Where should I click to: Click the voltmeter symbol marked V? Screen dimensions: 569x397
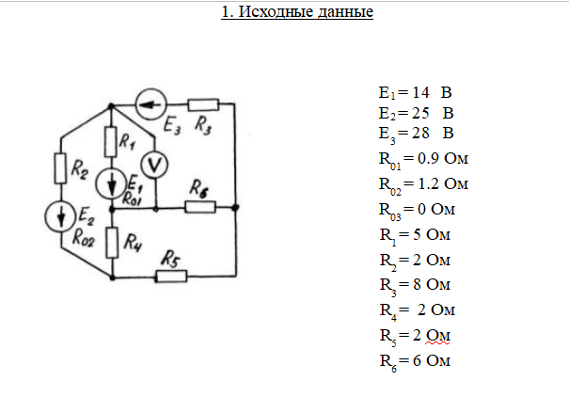[154, 165]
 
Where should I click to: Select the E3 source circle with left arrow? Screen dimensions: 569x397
[151, 104]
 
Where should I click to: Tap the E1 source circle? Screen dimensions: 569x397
[111, 183]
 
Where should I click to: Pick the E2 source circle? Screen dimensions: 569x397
[60, 216]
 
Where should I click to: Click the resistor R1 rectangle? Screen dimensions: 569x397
[111, 141]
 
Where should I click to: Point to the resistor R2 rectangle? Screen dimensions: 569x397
[60, 168]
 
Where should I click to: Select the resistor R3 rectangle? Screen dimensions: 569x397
[203, 104]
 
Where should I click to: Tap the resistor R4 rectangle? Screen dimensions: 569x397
[112, 243]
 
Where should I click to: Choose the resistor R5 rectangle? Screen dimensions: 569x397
[172, 277]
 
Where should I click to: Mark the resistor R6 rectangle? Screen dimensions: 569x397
[200, 207]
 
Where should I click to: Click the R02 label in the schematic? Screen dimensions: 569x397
[84, 238]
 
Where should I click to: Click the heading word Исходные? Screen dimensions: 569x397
[276, 11]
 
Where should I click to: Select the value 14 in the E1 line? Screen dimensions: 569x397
[420, 92]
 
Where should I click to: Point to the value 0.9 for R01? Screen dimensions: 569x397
[428, 158]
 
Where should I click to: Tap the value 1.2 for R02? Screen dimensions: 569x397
[429, 183]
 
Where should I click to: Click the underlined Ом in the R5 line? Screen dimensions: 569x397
[438, 335]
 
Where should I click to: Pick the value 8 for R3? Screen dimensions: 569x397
[418, 284]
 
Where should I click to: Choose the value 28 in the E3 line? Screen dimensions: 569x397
[420, 133]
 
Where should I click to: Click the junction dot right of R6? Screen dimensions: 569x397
[235, 207]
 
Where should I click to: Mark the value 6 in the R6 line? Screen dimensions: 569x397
[418, 360]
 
